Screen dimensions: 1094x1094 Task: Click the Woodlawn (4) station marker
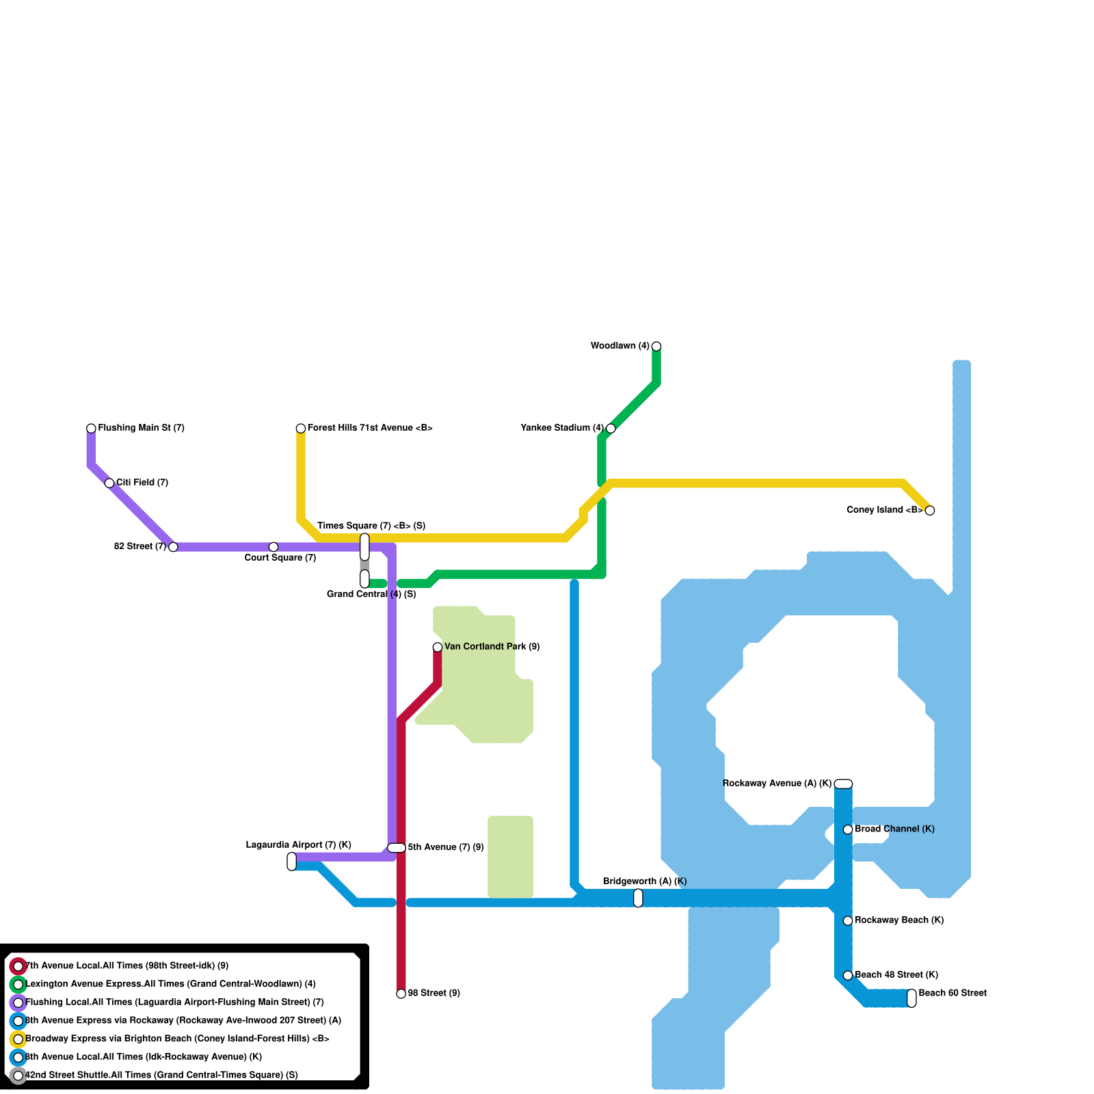point(656,346)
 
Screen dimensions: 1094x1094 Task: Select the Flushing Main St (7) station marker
point(91,428)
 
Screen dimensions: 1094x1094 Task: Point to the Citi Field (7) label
point(142,483)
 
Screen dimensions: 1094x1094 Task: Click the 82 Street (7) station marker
point(173,547)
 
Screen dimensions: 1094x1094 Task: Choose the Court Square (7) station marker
point(273,547)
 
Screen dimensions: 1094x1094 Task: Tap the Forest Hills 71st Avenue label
point(370,428)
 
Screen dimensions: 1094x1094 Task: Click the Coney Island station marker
point(930,510)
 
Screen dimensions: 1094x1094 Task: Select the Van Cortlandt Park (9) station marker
point(438,647)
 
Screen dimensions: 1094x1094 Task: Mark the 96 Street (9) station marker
point(401,993)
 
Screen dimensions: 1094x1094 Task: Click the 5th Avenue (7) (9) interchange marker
point(397,848)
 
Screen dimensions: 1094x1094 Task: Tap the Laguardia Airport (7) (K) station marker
point(292,862)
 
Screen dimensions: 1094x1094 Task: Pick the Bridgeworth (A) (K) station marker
point(638,898)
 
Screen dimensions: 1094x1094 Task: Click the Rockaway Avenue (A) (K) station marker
point(844,784)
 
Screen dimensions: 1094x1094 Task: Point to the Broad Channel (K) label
point(894,829)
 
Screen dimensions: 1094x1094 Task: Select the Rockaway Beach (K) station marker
point(848,921)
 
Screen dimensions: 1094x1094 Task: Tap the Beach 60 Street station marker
point(911,998)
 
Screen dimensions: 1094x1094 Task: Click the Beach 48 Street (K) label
point(896,975)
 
